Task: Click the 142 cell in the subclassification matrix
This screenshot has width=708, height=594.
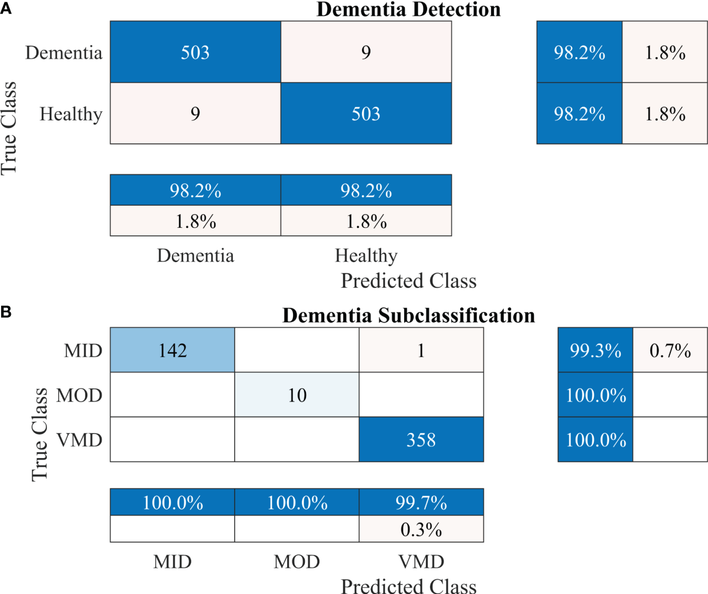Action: (172, 350)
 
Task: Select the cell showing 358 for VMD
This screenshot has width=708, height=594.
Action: (421, 440)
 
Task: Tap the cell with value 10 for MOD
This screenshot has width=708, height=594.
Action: (297, 395)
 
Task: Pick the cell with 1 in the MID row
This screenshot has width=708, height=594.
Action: (421, 350)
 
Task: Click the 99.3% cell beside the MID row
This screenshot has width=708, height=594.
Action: (595, 350)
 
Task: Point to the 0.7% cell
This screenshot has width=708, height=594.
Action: (670, 350)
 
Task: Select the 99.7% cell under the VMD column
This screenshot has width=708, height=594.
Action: (421, 503)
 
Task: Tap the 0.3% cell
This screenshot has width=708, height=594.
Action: (421, 529)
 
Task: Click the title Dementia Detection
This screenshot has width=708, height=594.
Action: (408, 10)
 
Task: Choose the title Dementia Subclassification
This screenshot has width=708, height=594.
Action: (408, 315)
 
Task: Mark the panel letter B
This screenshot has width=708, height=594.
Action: (6, 312)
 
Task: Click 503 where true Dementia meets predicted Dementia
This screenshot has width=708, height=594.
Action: (195, 53)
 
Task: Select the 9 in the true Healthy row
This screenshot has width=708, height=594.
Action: (195, 114)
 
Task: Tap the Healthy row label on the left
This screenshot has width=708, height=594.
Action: (71, 114)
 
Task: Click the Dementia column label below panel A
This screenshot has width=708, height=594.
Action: (195, 255)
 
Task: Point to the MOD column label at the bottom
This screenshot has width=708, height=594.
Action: (297, 562)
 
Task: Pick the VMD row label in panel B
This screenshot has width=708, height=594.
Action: (79, 440)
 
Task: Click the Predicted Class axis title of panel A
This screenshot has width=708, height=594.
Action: (408, 281)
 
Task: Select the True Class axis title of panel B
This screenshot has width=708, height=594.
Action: (39, 434)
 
